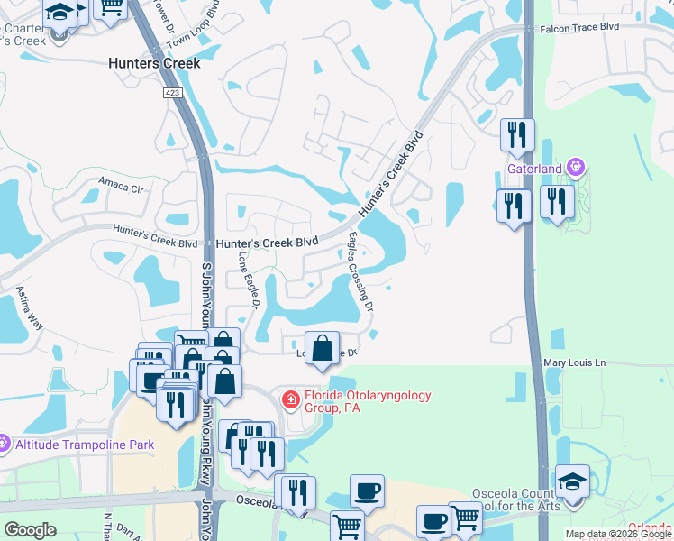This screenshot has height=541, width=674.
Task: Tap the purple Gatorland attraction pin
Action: click(578, 168)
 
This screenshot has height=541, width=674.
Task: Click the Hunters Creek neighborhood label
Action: click(153, 64)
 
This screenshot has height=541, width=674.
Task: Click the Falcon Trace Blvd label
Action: click(579, 28)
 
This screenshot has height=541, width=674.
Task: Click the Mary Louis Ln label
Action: click(575, 362)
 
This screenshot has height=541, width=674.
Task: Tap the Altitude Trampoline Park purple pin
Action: click(5, 444)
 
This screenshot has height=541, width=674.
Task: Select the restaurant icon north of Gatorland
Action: click(517, 135)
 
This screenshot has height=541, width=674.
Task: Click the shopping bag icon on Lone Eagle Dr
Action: click(322, 348)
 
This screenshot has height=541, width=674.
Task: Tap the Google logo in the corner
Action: click(30, 529)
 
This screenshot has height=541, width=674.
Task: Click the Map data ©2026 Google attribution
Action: click(618, 534)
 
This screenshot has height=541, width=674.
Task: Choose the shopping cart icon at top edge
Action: click(111, 7)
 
